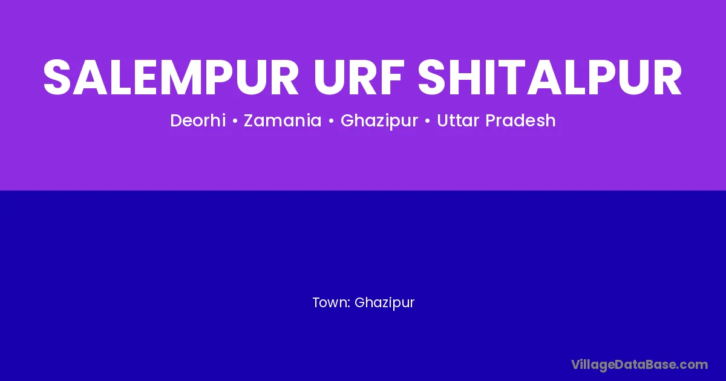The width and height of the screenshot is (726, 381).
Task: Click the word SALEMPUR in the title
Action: coord(171,77)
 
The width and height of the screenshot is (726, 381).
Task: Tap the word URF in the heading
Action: coord(359,77)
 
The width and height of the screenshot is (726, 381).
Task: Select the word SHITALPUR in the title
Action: coord(550,77)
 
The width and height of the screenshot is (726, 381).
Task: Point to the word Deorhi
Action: coord(198,120)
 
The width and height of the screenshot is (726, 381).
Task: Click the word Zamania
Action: coord(283,120)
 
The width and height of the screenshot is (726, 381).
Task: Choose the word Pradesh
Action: coord(520,120)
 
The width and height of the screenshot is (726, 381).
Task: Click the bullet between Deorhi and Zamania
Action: coord(235,121)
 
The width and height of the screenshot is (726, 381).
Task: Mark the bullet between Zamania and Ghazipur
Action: coord(331,121)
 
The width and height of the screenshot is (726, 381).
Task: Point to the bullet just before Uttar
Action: coord(427,121)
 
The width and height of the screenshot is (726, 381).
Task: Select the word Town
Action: coord(330,302)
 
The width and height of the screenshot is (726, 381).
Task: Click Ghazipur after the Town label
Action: coord(384,303)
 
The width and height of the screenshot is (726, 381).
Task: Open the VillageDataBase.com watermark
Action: coord(639,365)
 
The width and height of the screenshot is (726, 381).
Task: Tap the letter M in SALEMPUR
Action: coord(169,77)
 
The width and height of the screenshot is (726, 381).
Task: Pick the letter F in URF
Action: coord(393,77)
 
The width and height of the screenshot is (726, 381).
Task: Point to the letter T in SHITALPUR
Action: coord(513,77)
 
